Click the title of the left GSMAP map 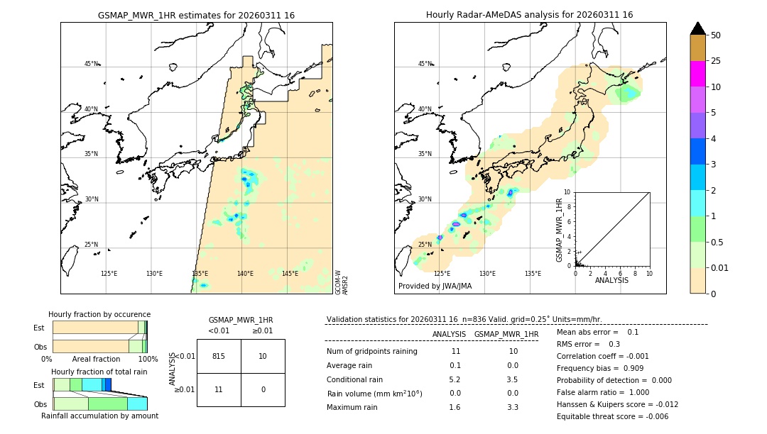coord(196,15)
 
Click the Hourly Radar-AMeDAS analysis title coord(529,15)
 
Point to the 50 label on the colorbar coord(716,35)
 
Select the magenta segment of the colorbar coord(697,74)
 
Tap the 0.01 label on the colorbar coord(720,267)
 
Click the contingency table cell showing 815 coord(219,356)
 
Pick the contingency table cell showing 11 coord(219,389)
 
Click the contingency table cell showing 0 coord(263,389)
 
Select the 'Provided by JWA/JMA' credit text coord(435,286)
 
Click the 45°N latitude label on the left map coord(91,64)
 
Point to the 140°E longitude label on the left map coord(245,274)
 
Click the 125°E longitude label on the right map coord(442,274)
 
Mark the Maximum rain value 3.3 coord(512,407)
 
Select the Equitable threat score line coord(612,416)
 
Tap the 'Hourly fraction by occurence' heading coord(99,314)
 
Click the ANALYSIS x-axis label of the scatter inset coord(611,280)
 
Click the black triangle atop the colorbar coord(697,28)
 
